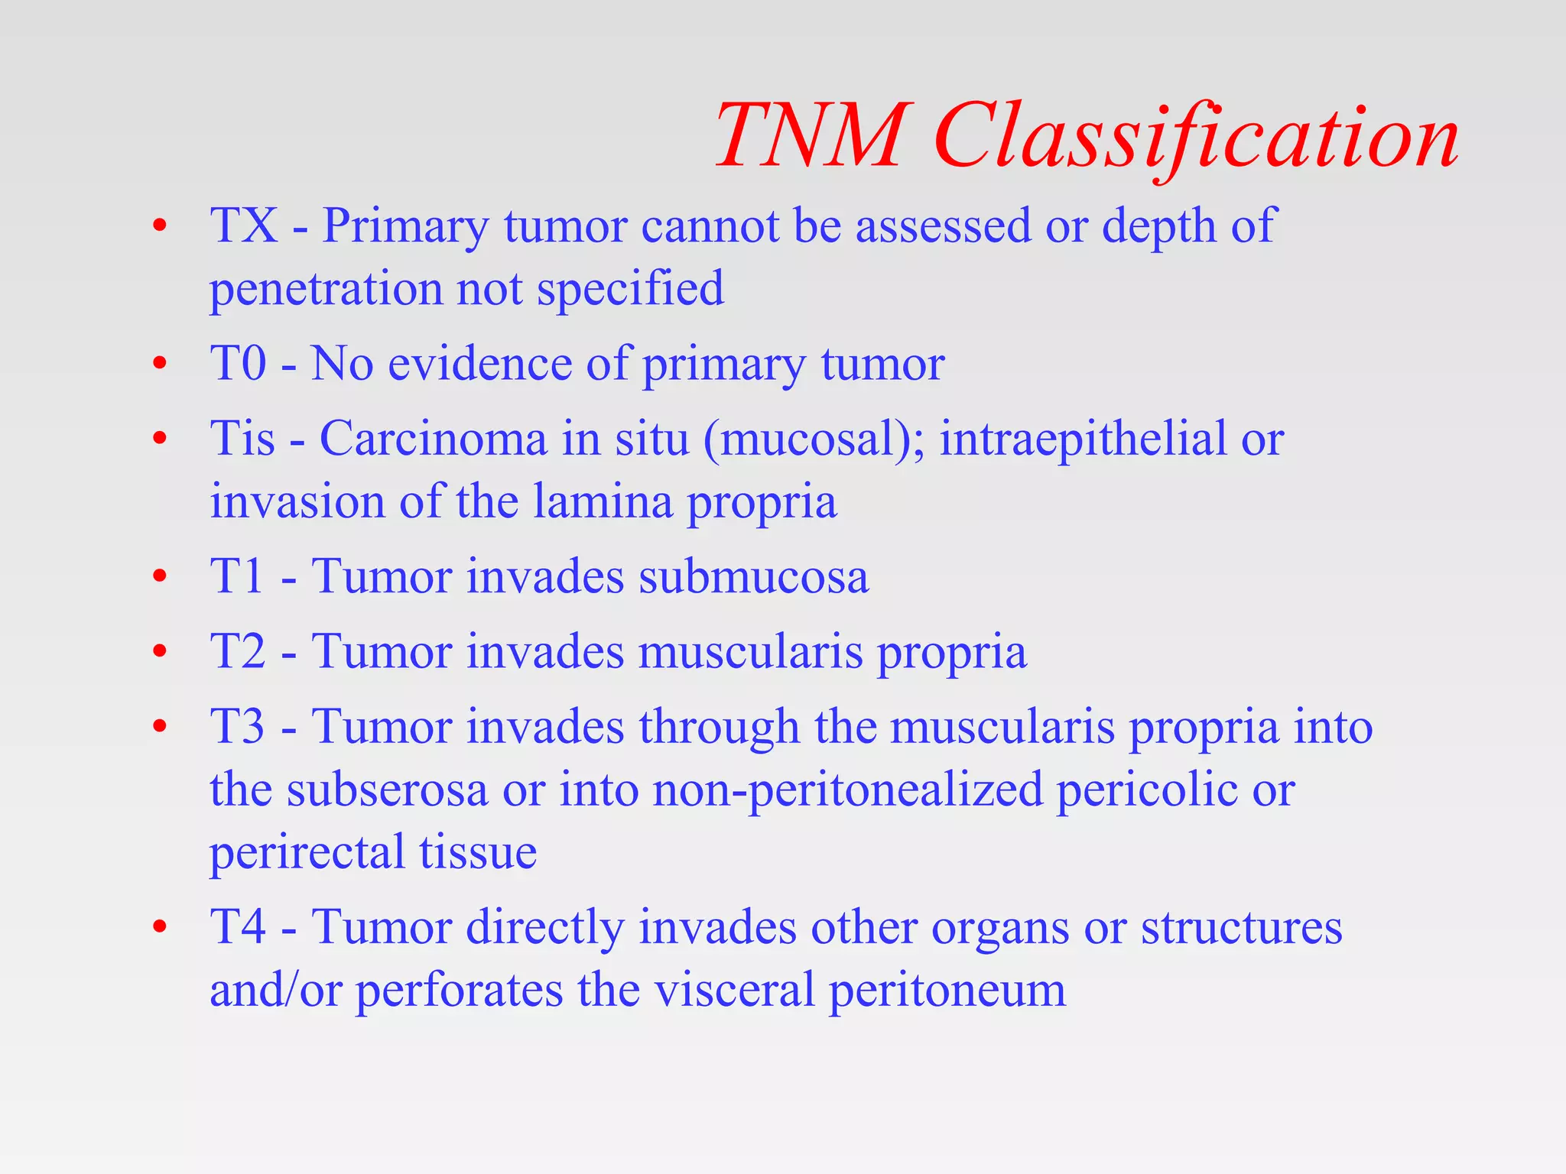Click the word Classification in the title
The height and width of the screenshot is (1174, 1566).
click(1196, 138)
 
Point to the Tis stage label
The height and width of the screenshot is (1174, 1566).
click(242, 439)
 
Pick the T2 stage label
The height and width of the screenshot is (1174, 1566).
click(238, 651)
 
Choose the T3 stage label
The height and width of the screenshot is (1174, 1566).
click(238, 726)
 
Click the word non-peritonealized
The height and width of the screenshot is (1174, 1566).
click(847, 790)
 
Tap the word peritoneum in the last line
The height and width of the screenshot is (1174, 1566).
click(947, 991)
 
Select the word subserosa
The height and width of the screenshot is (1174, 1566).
click(387, 790)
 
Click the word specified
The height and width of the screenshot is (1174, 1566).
click(630, 289)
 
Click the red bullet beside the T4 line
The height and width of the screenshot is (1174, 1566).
click(159, 928)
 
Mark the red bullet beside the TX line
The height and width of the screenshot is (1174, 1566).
click(159, 227)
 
